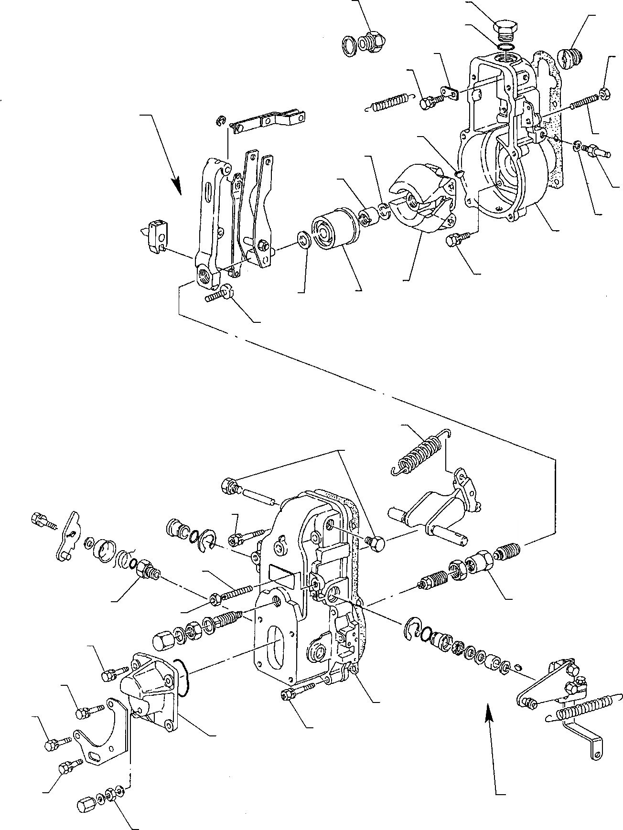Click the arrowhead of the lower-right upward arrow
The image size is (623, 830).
click(488, 706)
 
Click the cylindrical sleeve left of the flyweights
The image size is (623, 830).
click(332, 231)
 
